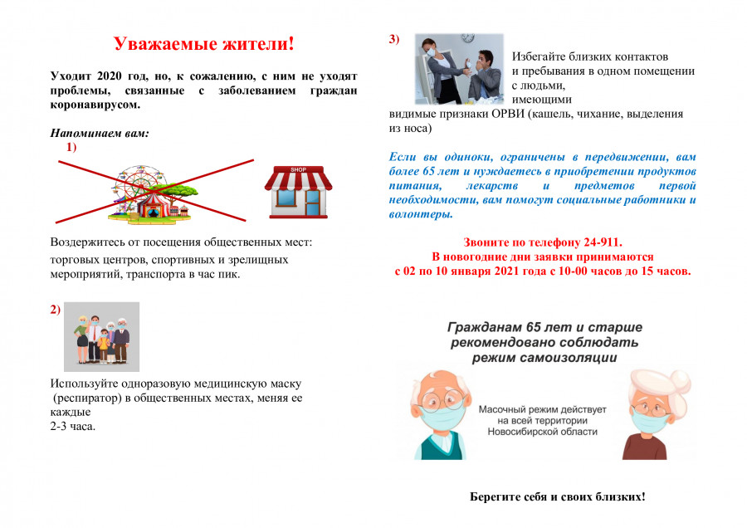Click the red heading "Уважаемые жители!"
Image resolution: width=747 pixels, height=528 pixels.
203,43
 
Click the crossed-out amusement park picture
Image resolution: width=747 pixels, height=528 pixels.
151,192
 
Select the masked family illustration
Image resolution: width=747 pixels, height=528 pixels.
102,336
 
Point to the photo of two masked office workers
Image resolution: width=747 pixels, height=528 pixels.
459,69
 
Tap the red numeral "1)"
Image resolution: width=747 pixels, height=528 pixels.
71,147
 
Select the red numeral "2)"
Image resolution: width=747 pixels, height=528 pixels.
56,310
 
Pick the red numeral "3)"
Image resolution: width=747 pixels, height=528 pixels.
394,38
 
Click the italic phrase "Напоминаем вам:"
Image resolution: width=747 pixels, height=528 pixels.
100,133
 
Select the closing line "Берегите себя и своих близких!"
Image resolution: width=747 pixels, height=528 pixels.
557,496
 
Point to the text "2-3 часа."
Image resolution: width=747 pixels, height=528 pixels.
73,427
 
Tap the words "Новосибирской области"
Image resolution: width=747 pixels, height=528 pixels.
543,433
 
